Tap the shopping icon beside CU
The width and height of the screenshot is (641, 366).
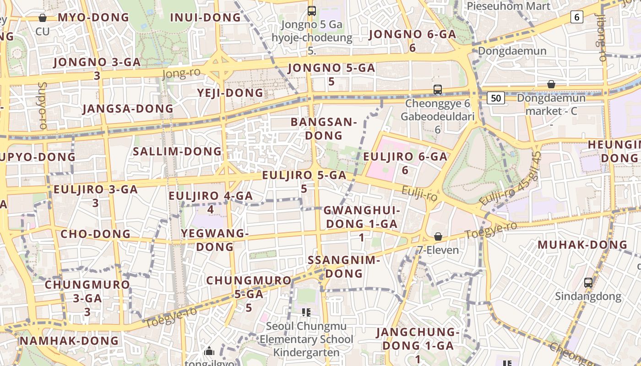point(43,18)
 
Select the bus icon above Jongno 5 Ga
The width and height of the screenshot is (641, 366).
point(312,11)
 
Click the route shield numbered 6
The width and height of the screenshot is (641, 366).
point(576,17)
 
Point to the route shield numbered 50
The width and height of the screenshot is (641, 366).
point(496,98)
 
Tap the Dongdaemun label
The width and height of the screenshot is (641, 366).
point(512,51)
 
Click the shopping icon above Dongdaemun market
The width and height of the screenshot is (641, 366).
point(551,84)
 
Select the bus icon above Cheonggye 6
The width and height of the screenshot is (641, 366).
point(438,89)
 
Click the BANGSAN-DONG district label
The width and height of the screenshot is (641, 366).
point(323,129)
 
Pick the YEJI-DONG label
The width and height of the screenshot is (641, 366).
point(230,93)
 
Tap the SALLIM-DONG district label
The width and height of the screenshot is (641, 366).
point(177,151)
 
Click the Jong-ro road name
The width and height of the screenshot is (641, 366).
point(181,74)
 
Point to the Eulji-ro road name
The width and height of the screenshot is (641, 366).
point(419,194)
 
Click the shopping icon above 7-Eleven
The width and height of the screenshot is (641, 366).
point(438,237)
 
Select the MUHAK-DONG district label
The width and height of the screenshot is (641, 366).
point(582,245)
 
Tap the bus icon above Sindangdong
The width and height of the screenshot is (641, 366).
point(588,282)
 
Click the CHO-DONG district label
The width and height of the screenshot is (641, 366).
point(96,234)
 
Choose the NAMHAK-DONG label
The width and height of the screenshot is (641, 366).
point(69,341)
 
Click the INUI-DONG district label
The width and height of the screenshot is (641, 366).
point(205,18)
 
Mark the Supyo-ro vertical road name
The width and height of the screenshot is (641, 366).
point(43,106)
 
